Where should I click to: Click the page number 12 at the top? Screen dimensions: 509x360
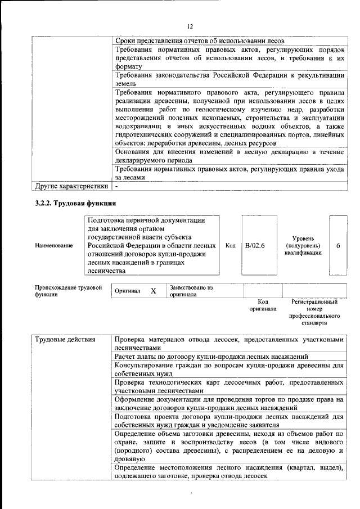click(190, 26)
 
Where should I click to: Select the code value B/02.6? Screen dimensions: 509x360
click(255, 246)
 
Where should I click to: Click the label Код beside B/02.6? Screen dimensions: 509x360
click(230, 246)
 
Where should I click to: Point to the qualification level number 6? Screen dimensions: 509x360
click(338, 246)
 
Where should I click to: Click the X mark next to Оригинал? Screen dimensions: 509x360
click(153, 291)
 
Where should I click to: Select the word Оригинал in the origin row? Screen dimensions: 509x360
click(127, 291)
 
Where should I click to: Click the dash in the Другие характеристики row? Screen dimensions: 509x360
click(116, 186)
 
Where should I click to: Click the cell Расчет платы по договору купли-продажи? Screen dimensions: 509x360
click(211, 357)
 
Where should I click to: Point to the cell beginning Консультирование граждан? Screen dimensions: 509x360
click(228, 370)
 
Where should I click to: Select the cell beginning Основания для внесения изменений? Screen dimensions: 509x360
click(228, 156)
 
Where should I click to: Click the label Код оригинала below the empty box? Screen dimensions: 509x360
click(263, 305)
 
